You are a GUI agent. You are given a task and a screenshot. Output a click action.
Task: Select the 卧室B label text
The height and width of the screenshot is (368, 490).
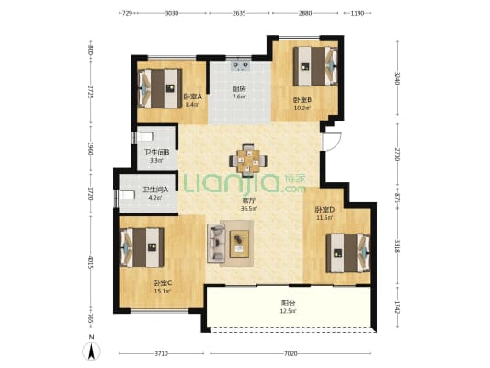302,100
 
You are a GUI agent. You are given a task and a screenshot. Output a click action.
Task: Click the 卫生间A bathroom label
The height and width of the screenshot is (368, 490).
154,191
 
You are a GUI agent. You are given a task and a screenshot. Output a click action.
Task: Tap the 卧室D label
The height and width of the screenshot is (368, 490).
322,210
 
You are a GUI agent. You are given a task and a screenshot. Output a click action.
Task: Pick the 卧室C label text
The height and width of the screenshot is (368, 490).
162,283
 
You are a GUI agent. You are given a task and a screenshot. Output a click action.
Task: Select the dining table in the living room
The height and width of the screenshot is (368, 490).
248,159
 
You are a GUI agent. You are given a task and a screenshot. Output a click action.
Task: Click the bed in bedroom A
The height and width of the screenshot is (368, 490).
158,88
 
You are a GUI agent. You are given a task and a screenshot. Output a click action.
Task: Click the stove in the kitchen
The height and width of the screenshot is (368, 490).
242,65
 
